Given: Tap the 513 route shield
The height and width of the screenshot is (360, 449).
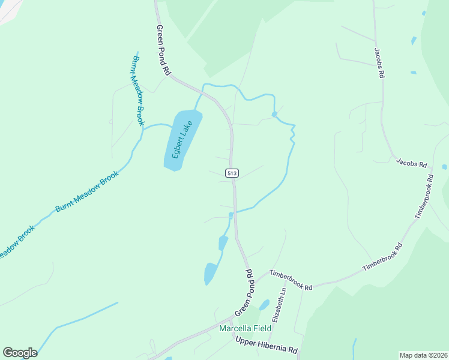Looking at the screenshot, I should click(233, 173).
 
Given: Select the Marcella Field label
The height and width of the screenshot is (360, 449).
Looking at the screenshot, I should click(245, 328).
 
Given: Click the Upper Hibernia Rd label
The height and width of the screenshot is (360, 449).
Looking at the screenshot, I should click(267, 346).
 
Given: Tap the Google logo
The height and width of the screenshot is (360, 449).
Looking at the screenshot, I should click(20, 353).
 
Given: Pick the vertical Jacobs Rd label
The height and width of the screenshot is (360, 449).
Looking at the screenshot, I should click(379, 64).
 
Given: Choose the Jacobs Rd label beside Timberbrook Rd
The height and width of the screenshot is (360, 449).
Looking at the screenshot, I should click(411, 163).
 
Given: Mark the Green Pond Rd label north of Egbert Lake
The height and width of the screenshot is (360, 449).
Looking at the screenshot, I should click(162, 49).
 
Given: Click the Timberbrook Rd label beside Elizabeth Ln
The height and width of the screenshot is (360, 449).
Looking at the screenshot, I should click(291, 280).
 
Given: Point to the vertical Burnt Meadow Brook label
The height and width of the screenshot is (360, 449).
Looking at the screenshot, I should click(137, 91).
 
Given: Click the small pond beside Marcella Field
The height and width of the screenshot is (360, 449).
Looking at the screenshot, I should click(264, 305).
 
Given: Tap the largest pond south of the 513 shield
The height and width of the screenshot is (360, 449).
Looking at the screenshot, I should click(210, 273).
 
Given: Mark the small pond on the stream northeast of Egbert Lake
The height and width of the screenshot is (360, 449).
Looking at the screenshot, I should click(274, 114).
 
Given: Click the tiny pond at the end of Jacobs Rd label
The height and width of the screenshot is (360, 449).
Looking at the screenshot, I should click(444, 167).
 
